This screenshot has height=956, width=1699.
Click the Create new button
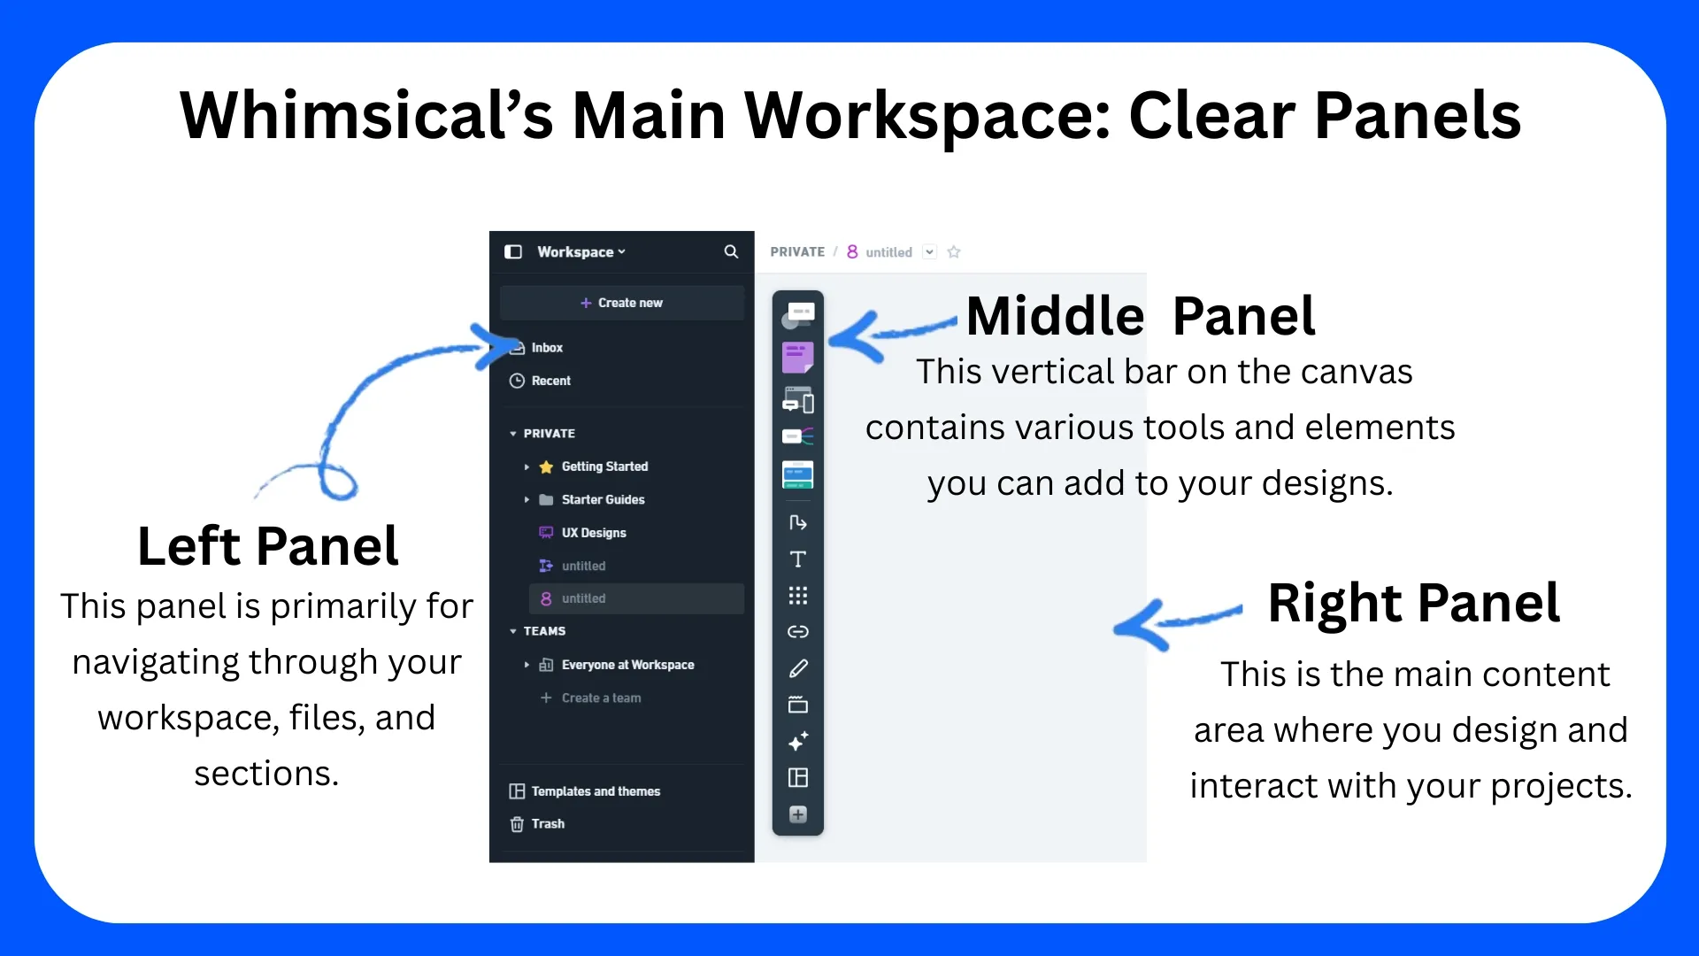621,303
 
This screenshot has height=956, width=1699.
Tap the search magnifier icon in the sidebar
731,251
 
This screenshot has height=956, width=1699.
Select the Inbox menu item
536,348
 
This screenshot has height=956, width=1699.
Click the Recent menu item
540,381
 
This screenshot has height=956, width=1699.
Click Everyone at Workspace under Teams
617,665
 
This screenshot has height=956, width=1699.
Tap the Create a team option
590,698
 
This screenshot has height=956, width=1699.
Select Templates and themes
585,791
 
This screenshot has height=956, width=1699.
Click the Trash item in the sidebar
537,824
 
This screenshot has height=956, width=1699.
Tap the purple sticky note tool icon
798,358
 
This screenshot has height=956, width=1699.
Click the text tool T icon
798,559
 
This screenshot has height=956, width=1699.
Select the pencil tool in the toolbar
798,668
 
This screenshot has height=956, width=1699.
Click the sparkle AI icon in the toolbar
798,741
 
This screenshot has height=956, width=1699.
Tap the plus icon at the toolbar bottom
798,814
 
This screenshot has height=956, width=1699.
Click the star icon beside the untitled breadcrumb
954,252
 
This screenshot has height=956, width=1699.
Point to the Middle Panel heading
1141,316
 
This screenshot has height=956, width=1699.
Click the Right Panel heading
1414,603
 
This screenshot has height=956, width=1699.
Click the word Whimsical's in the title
366,115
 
